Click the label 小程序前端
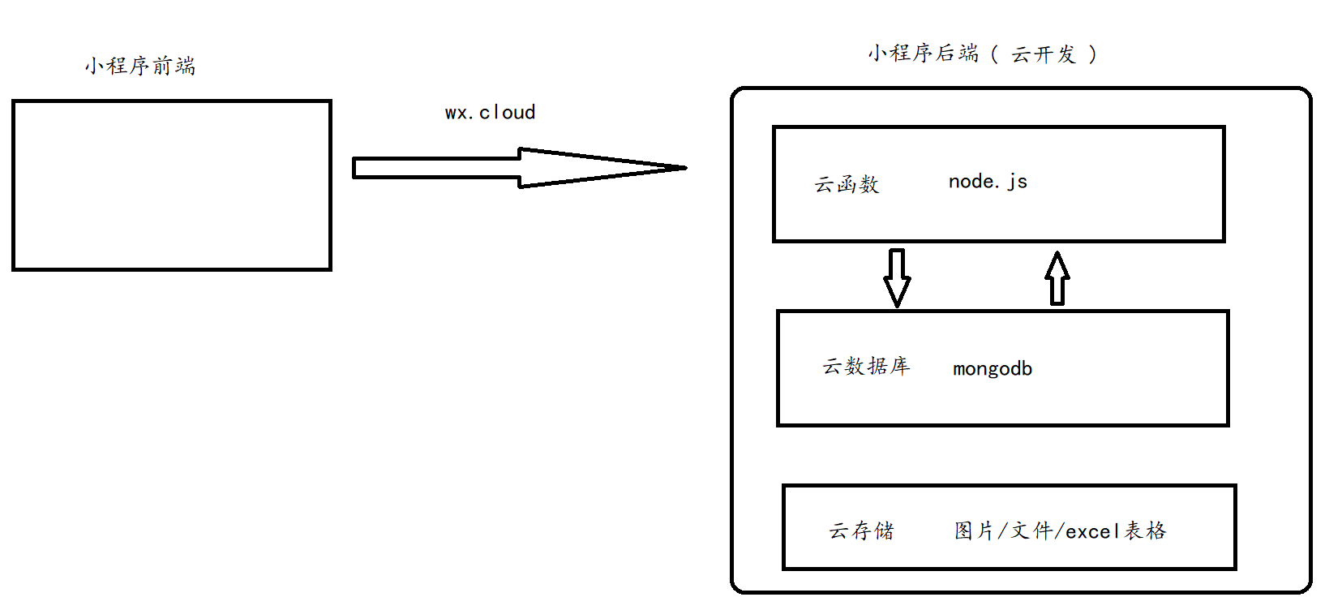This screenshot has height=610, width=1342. [x=140, y=66]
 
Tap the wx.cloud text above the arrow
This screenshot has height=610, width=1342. [x=490, y=113]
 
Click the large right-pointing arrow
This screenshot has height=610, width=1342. [x=519, y=168]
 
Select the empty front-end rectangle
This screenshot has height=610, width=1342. [x=172, y=185]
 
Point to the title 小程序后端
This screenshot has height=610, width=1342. [x=923, y=54]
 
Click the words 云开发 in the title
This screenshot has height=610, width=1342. [x=1043, y=54]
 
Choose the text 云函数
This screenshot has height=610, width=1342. [x=847, y=185]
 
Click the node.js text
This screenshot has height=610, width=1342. [x=988, y=182]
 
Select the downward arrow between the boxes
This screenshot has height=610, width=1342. [x=897, y=277]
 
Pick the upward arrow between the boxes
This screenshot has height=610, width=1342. [x=1057, y=277]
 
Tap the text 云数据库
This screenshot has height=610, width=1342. [x=866, y=367]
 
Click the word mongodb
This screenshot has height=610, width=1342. [x=993, y=369]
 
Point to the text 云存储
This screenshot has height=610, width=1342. [x=861, y=531]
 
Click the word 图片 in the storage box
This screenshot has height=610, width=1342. [x=973, y=531]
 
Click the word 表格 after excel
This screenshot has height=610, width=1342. [x=1145, y=531]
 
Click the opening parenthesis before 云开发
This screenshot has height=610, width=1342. [x=994, y=54]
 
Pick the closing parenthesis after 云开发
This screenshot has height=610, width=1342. [x=1093, y=54]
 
